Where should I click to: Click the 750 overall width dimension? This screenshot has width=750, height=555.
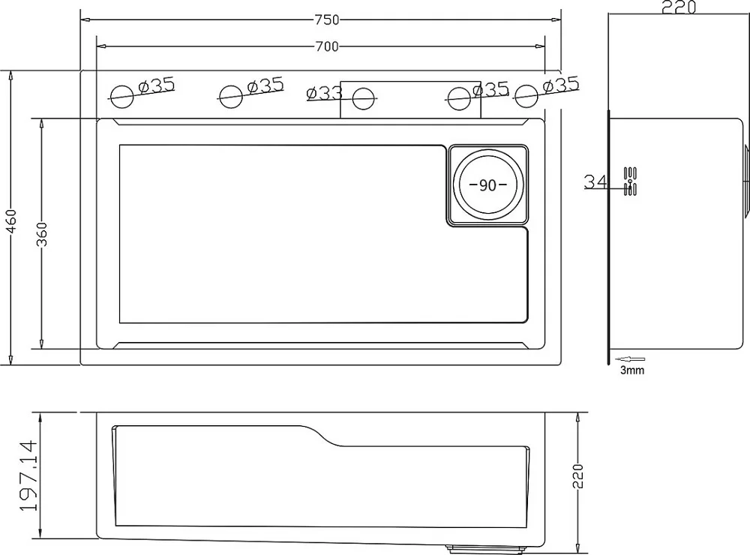pyautogui.click(x=327, y=19)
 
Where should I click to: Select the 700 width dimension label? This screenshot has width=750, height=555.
pyautogui.click(x=327, y=46)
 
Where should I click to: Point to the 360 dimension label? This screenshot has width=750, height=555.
pyautogui.click(x=42, y=234)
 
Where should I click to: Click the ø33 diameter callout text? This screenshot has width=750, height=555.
pyautogui.click(x=325, y=93)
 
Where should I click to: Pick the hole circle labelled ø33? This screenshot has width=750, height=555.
pyautogui.click(x=363, y=99)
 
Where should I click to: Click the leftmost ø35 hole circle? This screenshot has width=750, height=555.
pyautogui.click(x=121, y=96)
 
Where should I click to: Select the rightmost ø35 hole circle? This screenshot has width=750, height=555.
pyautogui.click(x=526, y=96)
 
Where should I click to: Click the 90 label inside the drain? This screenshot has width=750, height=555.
pyautogui.click(x=487, y=185)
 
